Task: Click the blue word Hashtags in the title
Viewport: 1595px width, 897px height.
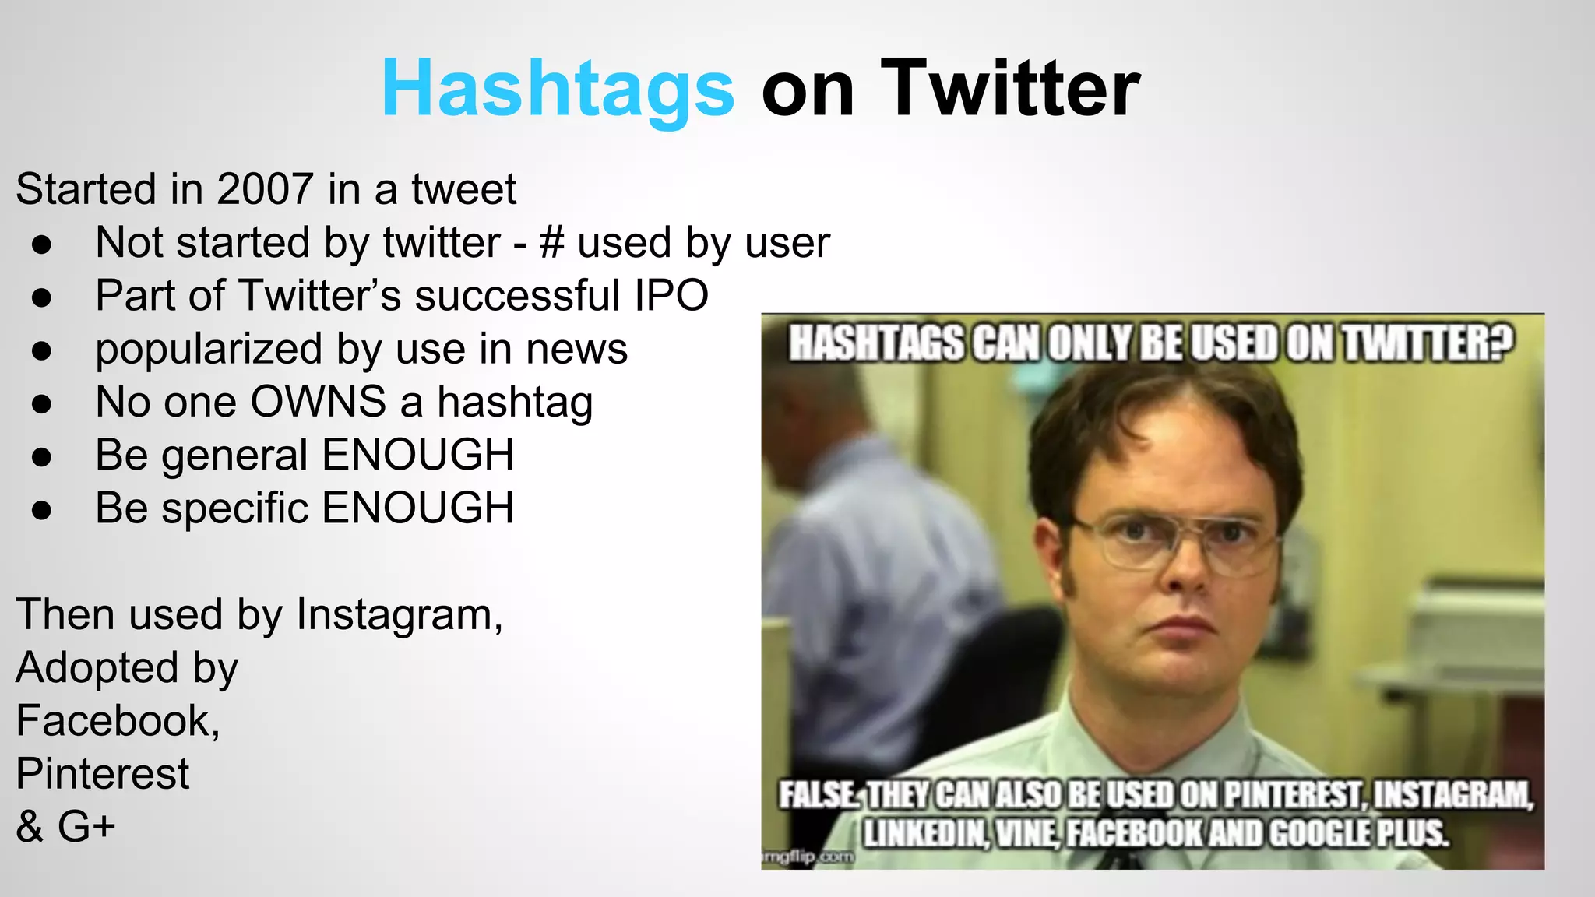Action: (x=558, y=89)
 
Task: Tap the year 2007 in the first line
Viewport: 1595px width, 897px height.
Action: (x=265, y=189)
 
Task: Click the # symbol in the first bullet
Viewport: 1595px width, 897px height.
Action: (x=551, y=242)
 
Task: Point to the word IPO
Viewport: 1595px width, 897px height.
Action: (x=671, y=295)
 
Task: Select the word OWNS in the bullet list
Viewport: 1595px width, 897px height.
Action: (x=318, y=402)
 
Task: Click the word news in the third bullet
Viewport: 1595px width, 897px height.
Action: (x=576, y=349)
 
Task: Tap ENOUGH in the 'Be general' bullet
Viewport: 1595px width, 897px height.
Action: (x=417, y=455)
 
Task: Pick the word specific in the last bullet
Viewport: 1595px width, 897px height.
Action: (x=235, y=508)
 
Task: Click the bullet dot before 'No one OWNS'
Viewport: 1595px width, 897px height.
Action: (x=42, y=403)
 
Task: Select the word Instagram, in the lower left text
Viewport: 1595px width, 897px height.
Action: (x=400, y=614)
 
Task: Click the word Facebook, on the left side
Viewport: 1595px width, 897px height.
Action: (x=118, y=720)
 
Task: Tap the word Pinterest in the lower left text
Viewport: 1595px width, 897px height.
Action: (x=102, y=773)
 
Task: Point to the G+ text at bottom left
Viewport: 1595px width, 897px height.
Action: (x=86, y=826)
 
